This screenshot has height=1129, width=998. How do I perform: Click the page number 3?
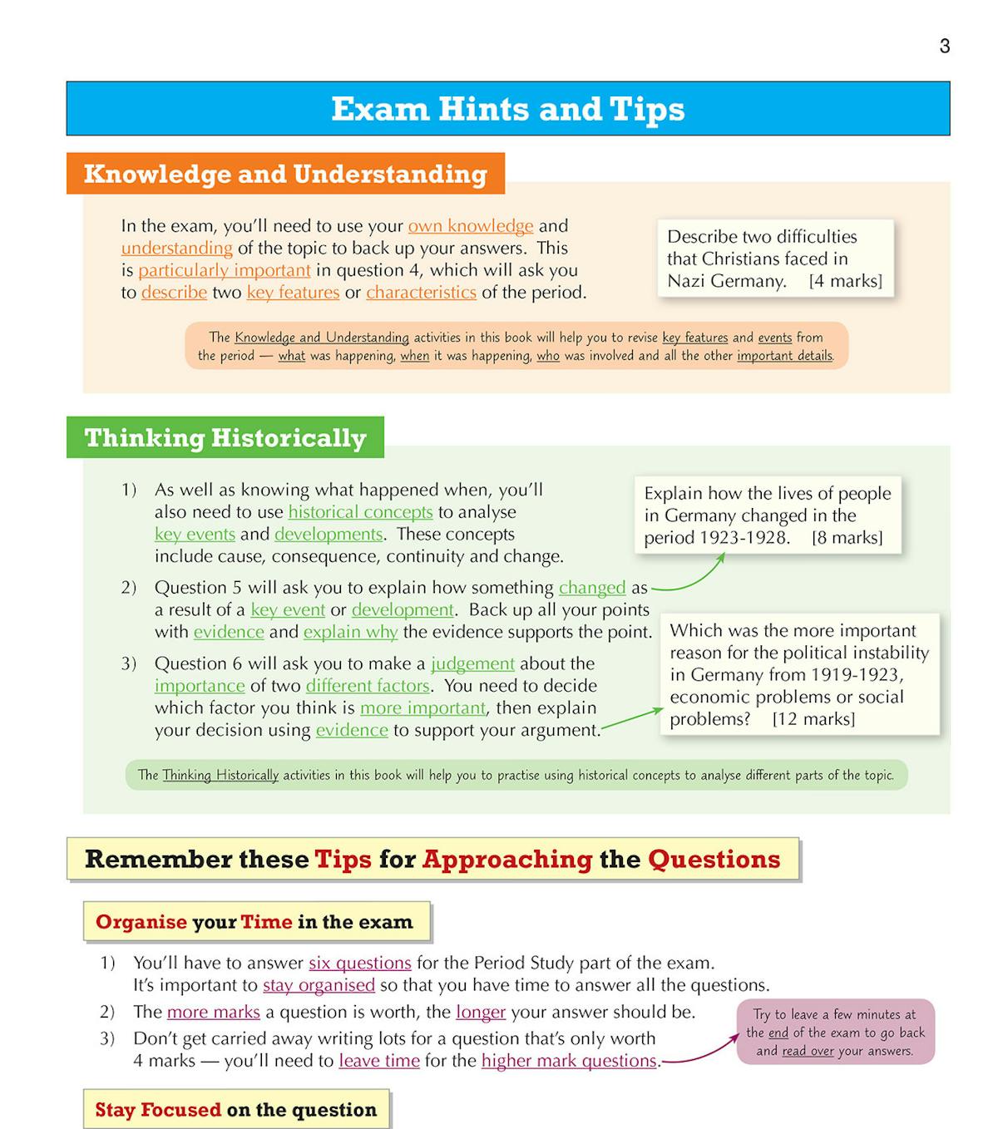pyautogui.click(x=944, y=47)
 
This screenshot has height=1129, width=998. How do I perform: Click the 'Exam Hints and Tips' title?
pyautogui.click(x=507, y=109)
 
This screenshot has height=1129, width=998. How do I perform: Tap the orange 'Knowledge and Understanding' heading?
pyautogui.click(x=285, y=174)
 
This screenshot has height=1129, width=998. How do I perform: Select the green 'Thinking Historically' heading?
pyautogui.click(x=225, y=438)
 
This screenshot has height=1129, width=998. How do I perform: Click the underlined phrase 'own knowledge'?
pyautogui.click(x=470, y=226)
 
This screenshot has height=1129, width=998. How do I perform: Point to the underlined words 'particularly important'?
pyautogui.click(x=224, y=270)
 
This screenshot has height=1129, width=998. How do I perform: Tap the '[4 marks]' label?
pyautogui.click(x=845, y=281)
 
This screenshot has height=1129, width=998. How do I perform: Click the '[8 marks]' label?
pyautogui.click(x=847, y=538)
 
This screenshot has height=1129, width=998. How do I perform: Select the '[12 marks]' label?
pyautogui.click(x=813, y=719)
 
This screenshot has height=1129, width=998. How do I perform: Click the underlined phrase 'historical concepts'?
pyautogui.click(x=360, y=512)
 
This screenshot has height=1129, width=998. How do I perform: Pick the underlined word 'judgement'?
pyautogui.click(x=472, y=663)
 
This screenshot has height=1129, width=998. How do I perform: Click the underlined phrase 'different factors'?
pyautogui.click(x=367, y=686)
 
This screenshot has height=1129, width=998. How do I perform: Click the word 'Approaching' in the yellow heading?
pyautogui.click(x=507, y=860)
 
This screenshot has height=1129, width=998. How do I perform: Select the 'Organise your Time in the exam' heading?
pyautogui.click(x=254, y=922)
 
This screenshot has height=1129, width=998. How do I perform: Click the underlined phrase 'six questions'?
pyautogui.click(x=359, y=964)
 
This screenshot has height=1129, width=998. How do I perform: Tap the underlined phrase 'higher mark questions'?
pyautogui.click(x=569, y=1061)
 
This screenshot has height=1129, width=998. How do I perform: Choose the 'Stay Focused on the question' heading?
pyautogui.click(x=235, y=1110)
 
